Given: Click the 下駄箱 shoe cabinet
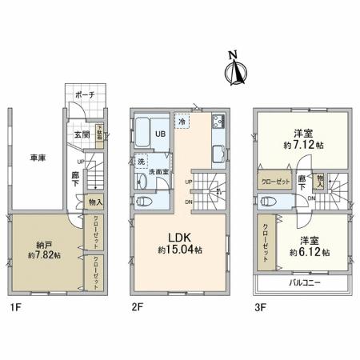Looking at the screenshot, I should tap(100, 132).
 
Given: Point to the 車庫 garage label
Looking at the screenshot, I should tap(37, 158).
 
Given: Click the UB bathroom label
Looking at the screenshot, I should tap(159, 132).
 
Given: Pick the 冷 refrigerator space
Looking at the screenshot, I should tap(182, 122).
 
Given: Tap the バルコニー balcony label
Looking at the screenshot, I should tap(301, 283).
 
